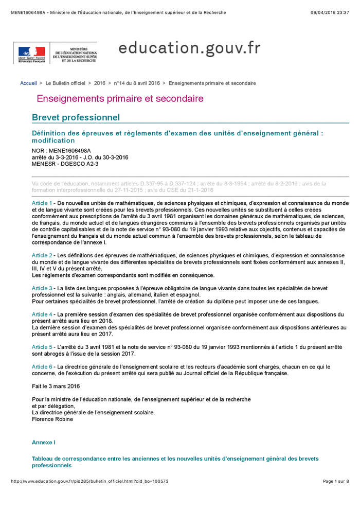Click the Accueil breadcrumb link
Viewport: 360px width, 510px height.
pos(28,83)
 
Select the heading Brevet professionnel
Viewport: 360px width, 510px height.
pos(76,118)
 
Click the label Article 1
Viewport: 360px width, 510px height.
pos(42,203)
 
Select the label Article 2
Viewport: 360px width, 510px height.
pos(42,255)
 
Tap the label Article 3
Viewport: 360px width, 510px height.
pos(42,288)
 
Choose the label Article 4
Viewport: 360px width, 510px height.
pos(42,314)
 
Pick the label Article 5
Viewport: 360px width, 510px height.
pos(42,347)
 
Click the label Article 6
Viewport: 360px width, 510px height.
pos(42,366)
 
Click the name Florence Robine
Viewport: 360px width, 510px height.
pos(52,419)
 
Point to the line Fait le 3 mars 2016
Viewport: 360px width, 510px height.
pos(56,386)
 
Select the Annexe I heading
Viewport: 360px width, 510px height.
pos(43,442)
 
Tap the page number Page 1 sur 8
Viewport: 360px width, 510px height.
pos(336,481)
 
